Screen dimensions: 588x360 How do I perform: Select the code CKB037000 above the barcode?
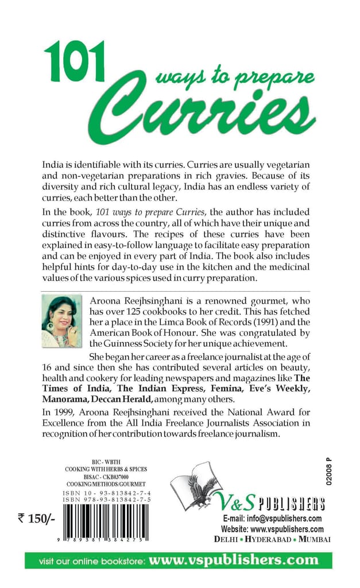tap(123, 477)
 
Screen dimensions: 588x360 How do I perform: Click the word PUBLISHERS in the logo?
tap(291, 504)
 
